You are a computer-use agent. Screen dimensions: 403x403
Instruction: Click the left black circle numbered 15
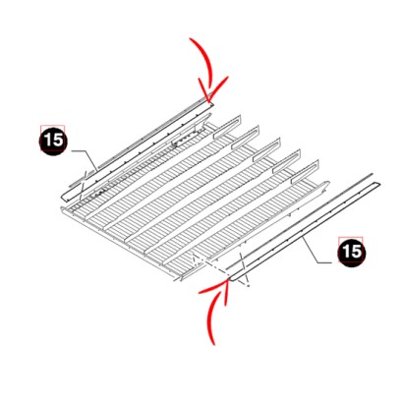point(53,141)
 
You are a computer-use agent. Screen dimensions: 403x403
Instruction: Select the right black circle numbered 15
point(352,253)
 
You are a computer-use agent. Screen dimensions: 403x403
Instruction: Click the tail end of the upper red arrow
point(190,38)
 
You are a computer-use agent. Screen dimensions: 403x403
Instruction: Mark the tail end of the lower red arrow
point(214,344)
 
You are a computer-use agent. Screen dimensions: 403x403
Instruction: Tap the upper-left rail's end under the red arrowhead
point(211,103)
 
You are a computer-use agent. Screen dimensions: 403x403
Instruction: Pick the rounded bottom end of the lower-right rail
point(230,279)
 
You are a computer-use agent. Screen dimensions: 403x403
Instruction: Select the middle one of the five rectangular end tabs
point(261,157)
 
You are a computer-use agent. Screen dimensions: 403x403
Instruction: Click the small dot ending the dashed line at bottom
point(249,286)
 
